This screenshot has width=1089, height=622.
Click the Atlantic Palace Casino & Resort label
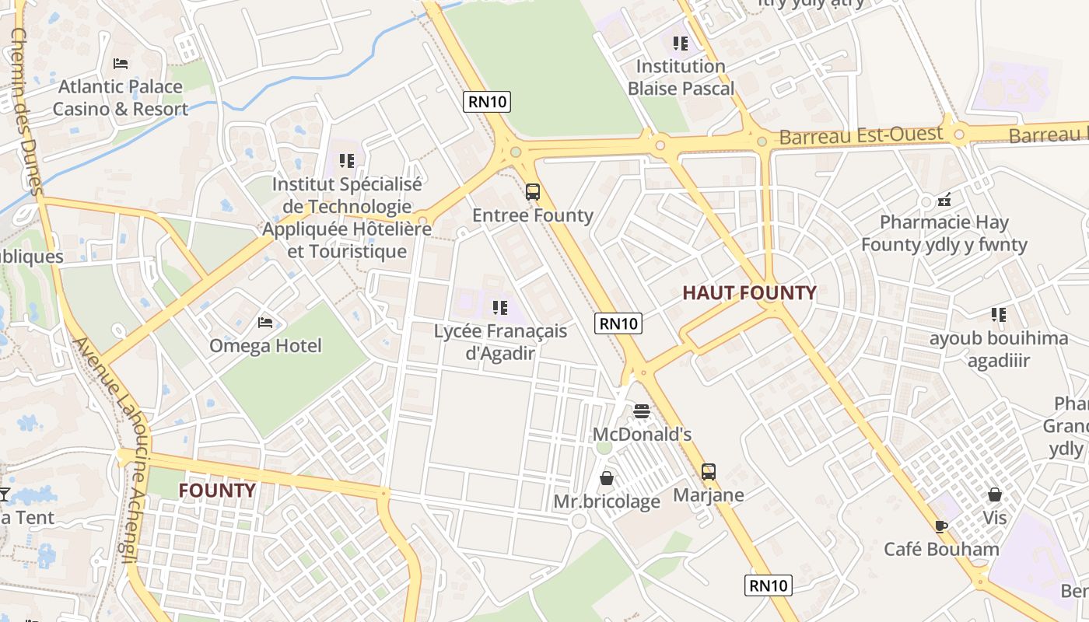click(x=120, y=98)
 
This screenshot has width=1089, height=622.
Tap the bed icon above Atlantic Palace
click(x=120, y=63)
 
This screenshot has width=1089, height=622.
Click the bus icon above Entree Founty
click(x=533, y=191)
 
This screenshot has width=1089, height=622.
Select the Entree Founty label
click(x=533, y=215)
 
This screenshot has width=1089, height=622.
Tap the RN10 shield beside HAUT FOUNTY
click(x=618, y=323)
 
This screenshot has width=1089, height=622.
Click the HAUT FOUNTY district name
click(x=749, y=293)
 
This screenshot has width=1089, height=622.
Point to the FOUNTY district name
click(x=217, y=491)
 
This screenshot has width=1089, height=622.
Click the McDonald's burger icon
click(x=642, y=411)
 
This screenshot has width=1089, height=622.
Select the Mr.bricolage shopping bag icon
click(x=607, y=478)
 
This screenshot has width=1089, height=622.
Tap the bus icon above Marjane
click(x=708, y=471)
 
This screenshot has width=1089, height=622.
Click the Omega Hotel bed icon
click(x=265, y=322)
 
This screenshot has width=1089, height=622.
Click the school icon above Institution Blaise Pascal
click(x=681, y=43)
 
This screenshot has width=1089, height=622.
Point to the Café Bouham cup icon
click(x=941, y=526)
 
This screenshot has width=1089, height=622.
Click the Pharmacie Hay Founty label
click(x=944, y=233)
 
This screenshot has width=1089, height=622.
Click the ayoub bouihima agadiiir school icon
click(x=999, y=315)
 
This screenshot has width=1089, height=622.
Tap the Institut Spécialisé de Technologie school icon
click(x=347, y=161)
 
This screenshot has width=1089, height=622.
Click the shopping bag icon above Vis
click(x=994, y=494)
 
